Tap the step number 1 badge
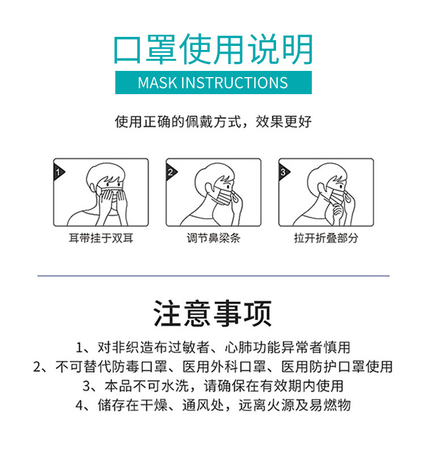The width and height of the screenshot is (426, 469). coord(59,172)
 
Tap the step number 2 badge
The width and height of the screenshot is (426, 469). coord(171,172)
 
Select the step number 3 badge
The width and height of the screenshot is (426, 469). coord(283,172)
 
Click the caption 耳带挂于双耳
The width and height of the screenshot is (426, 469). coord(101,238)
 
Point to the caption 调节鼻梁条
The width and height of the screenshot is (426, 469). coord(214,238)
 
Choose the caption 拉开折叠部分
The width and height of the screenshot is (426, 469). coord(326,238)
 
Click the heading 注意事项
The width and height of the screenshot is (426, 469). coord(212,314)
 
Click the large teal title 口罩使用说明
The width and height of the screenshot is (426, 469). coord(214,49)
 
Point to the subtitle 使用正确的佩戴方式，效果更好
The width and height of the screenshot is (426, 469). coord(214,122)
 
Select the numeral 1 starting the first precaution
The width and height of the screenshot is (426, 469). coord(80,348)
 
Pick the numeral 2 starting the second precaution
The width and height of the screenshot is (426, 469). coord(37,367)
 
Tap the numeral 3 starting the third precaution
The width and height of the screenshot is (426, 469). coord(86,386)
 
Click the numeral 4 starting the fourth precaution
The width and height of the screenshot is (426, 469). coord(80,405)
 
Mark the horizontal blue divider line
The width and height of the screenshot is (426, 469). coord(214,276)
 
